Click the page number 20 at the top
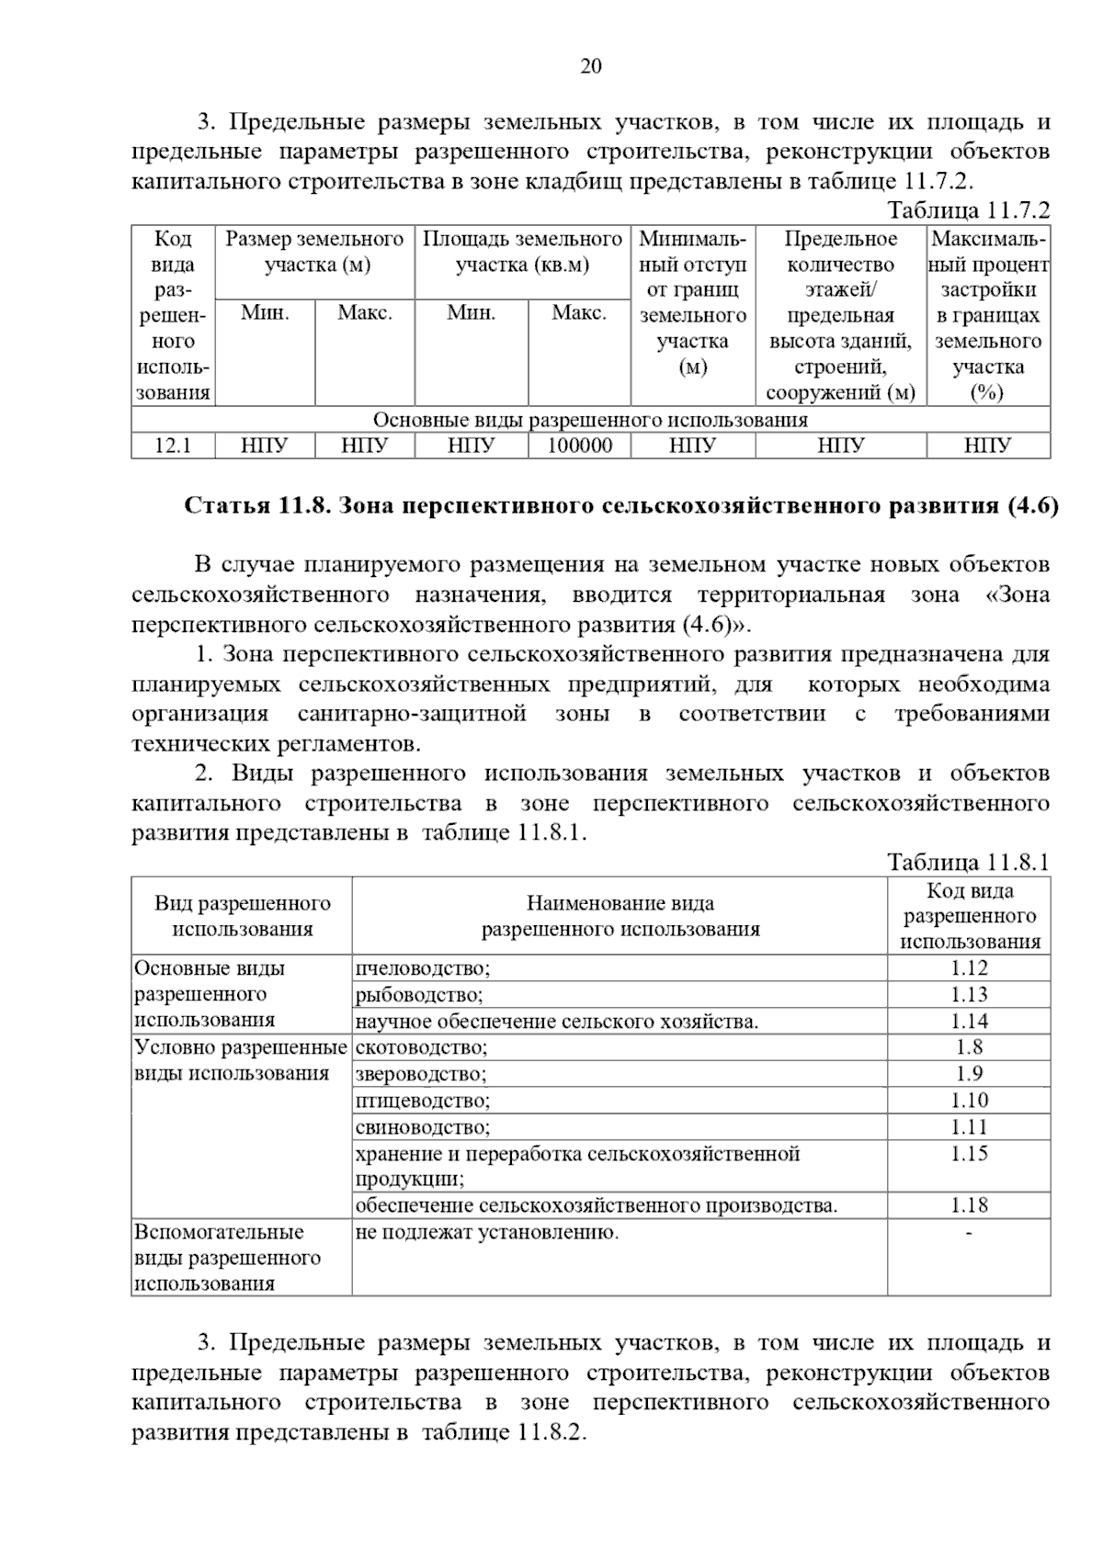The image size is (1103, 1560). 590,66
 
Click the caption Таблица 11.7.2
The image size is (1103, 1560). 968,210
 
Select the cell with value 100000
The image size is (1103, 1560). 579,447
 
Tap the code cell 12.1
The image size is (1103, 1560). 173,447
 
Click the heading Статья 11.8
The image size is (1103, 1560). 621,505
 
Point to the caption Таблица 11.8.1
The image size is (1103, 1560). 968,862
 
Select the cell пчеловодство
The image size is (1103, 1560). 423,968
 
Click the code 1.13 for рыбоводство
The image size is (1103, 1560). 969,994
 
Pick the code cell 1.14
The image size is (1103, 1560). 969,1021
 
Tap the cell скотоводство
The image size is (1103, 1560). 422,1047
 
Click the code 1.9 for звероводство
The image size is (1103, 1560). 969,1073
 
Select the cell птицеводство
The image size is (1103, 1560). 423,1101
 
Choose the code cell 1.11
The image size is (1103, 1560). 969,1126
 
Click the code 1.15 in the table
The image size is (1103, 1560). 969,1154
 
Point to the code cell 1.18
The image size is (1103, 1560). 969,1205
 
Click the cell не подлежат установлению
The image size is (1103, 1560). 487,1232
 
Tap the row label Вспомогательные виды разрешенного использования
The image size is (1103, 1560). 227,1257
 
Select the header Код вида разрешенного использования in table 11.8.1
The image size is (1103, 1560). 969,915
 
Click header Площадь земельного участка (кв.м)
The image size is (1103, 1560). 522,252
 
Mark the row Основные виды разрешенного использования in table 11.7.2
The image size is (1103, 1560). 590,420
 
